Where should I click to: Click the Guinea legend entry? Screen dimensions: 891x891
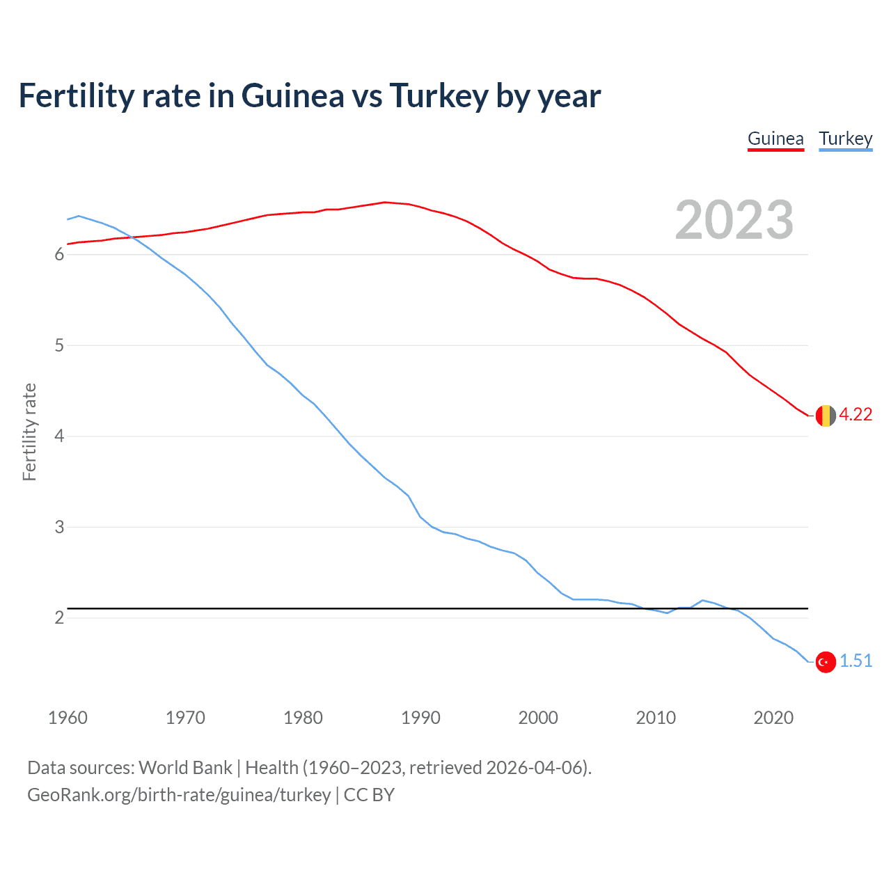pyautogui.click(x=775, y=139)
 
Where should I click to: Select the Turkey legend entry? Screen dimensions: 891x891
pyautogui.click(x=845, y=139)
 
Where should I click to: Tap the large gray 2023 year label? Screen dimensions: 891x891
pyautogui.click(x=734, y=220)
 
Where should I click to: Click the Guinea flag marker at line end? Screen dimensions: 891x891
pyautogui.click(x=825, y=416)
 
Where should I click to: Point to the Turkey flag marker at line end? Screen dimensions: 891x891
pyautogui.click(x=825, y=662)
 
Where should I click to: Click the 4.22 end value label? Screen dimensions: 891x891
pyautogui.click(x=855, y=415)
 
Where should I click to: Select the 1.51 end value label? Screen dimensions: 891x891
pyautogui.click(x=855, y=661)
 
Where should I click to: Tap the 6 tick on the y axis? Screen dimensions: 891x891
pyautogui.click(x=59, y=255)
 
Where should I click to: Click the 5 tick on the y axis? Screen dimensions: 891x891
pyautogui.click(x=59, y=346)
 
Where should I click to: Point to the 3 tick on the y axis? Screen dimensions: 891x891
pyautogui.click(x=59, y=528)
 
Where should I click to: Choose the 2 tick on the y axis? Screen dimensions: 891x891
pyautogui.click(x=59, y=618)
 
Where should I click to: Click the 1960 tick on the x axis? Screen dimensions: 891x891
pyautogui.click(x=68, y=718)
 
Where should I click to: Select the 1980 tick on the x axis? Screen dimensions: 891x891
pyautogui.click(x=303, y=718)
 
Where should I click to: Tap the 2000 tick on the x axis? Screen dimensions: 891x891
pyautogui.click(x=538, y=718)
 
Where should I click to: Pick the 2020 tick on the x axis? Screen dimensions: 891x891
pyautogui.click(x=773, y=718)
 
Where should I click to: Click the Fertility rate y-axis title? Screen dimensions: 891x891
pyautogui.click(x=29, y=432)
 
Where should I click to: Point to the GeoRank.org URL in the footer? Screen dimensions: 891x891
pyautogui.click(x=179, y=795)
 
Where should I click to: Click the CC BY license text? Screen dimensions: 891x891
pyautogui.click(x=369, y=795)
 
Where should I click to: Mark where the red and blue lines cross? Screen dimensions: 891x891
pyautogui.click(x=129, y=237)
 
